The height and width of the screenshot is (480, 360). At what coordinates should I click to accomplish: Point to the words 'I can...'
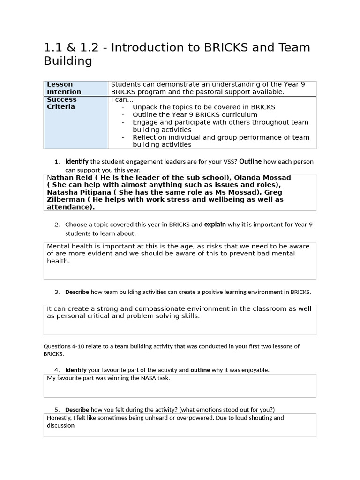pyautogui.click(x=122, y=100)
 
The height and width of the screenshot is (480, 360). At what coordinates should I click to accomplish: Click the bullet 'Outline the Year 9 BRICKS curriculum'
pyautogui.click(x=195, y=115)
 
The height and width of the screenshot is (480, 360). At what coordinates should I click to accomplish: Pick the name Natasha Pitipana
pyautogui.click(x=76, y=193)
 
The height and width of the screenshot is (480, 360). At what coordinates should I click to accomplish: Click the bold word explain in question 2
pyautogui.click(x=215, y=225)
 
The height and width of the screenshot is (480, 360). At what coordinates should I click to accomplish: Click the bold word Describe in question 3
pyautogui.click(x=77, y=292)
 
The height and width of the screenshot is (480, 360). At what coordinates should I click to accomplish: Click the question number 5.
pyautogui.click(x=57, y=410)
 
